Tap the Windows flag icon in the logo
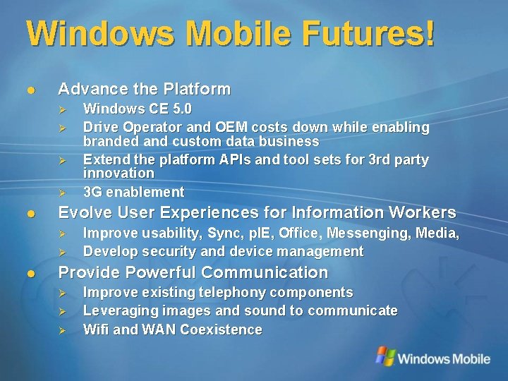click(385, 356)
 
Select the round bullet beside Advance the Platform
click(30, 90)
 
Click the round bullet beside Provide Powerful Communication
click(30, 273)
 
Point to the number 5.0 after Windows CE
click(177, 109)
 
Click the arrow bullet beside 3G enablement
click(62, 192)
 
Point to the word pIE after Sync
click(258, 233)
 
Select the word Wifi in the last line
click(95, 329)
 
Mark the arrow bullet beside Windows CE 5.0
click(62, 109)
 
